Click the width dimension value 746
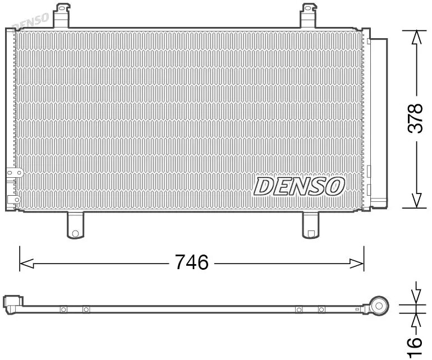click(192, 262)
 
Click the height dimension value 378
click(415, 118)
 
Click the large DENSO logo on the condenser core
click(298, 186)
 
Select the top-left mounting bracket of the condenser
click(62, 16)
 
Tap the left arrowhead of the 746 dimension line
click(26, 262)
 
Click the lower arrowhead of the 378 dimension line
click(416, 200)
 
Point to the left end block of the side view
click(12, 303)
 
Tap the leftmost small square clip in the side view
click(63, 309)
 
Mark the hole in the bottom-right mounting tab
click(310, 232)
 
